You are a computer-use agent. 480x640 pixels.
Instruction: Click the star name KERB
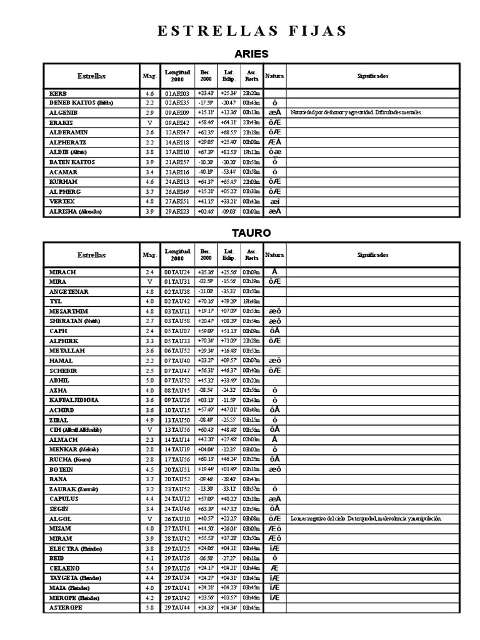(58, 93)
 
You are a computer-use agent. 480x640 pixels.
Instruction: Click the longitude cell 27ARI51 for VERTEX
(177, 201)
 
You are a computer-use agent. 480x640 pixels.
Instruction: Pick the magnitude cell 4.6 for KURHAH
(149, 181)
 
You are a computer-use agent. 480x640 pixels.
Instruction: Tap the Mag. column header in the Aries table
(149, 76)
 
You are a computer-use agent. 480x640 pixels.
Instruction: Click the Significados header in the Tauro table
(372, 255)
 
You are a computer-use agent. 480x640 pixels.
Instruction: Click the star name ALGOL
(60, 518)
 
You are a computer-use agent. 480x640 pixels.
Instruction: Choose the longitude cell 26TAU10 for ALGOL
(177, 518)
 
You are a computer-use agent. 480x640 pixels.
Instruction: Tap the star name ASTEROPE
(65, 607)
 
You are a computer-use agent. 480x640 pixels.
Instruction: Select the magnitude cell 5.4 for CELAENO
(149, 567)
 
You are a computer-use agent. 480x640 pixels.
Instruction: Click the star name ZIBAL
(58, 419)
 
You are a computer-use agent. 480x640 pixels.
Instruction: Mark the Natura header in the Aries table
(274, 76)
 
